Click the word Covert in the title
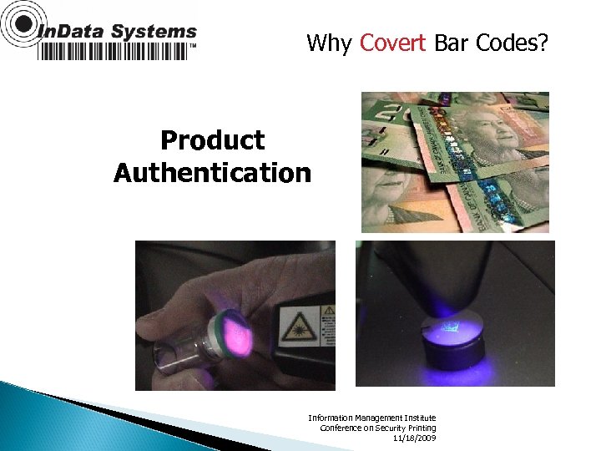(x=392, y=43)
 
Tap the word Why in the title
(x=330, y=43)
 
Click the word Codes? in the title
(x=513, y=43)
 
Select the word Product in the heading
(x=212, y=140)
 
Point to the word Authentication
(x=212, y=173)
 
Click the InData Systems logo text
(x=117, y=32)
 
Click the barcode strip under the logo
(x=114, y=51)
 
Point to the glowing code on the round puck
(x=452, y=328)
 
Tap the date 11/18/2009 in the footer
(x=414, y=438)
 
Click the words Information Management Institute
(x=371, y=418)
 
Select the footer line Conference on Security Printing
(x=377, y=428)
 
